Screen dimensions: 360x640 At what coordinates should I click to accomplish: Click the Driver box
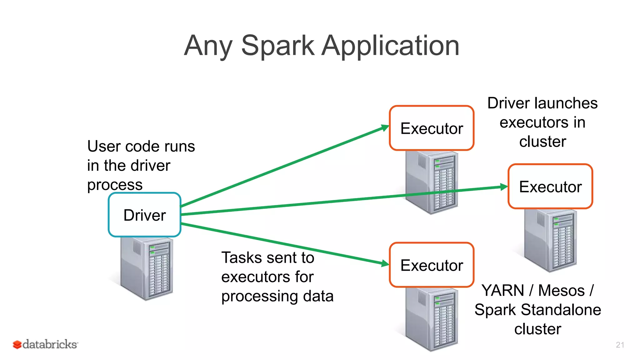[x=144, y=215]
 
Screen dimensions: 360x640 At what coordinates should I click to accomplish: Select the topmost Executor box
[x=432, y=128]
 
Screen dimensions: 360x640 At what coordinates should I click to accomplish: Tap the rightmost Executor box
[x=550, y=187]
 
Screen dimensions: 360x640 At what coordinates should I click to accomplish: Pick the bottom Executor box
[x=432, y=265]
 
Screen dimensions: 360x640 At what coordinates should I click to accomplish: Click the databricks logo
[x=46, y=344]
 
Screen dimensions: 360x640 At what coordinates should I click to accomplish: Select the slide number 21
[x=620, y=345]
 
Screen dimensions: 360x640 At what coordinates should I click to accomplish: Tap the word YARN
[x=502, y=290]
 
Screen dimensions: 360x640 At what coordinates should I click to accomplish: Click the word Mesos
[x=561, y=290]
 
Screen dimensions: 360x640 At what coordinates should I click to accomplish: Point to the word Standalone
[x=561, y=310]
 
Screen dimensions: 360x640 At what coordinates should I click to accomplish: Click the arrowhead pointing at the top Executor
[x=385, y=127]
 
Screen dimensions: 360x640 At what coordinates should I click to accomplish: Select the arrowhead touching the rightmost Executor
[x=504, y=187]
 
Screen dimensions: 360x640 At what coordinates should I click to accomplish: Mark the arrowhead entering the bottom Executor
[x=385, y=264]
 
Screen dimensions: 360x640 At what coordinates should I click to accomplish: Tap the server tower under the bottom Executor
[x=432, y=319]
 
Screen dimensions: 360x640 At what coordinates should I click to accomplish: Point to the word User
[x=104, y=146]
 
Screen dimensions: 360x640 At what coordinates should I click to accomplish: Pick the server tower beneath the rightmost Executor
[x=551, y=240]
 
